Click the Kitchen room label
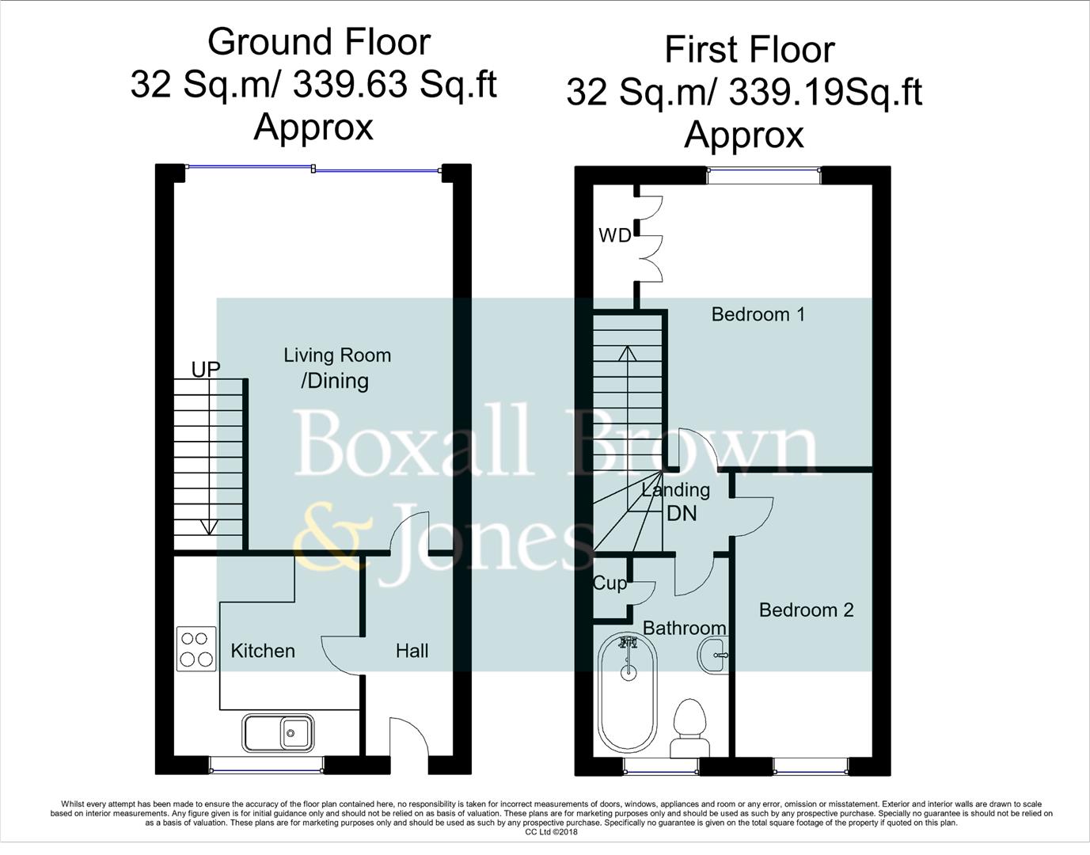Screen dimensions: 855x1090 [262, 651]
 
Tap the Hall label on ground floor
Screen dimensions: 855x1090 [412, 651]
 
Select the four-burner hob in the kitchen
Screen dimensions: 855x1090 [196, 648]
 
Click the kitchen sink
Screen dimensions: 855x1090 [279, 732]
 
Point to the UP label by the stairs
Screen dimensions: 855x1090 [206, 369]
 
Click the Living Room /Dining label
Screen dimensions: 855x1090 [336, 368]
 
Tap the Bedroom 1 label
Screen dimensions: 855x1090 [758, 314]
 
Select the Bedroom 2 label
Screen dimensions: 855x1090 [806, 610]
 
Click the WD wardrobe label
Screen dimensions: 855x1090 [614, 235]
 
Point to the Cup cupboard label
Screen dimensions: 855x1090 [610, 583]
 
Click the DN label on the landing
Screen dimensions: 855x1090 [682, 513]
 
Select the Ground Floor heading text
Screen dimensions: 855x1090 [318, 42]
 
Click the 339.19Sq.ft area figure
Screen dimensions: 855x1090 [825, 93]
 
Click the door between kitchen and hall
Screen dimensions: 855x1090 [342, 655]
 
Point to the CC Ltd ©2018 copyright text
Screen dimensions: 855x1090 [551, 832]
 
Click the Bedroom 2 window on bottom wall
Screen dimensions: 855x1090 [811, 766]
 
